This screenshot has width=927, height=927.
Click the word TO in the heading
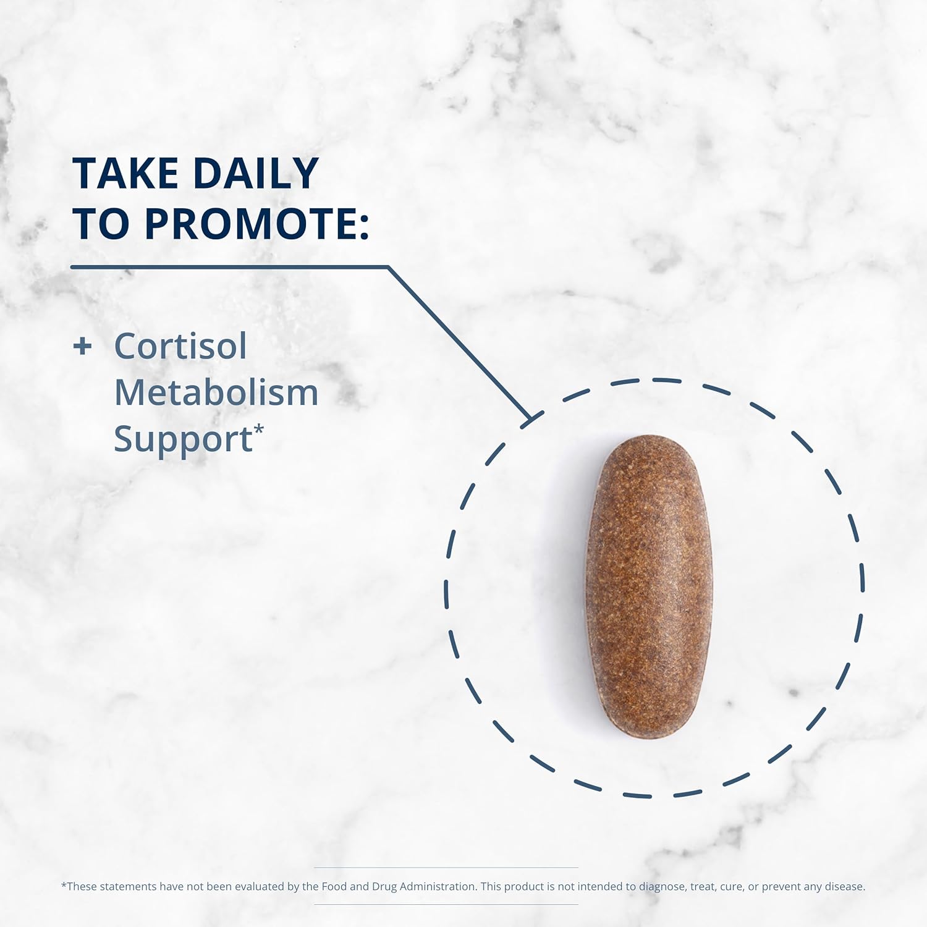tap(101, 224)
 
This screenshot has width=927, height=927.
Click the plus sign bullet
tap(82, 346)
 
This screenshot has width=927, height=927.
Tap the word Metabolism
tap(216, 392)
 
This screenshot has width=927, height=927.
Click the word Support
tap(183, 439)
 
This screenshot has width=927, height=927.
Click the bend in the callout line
tap(387, 267)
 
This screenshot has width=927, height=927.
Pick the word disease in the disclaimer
tap(844, 886)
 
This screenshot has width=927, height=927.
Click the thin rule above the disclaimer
tap(446, 868)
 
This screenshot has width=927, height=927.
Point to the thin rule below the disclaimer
tap(446, 905)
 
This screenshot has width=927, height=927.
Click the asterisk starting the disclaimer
tap(64, 885)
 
